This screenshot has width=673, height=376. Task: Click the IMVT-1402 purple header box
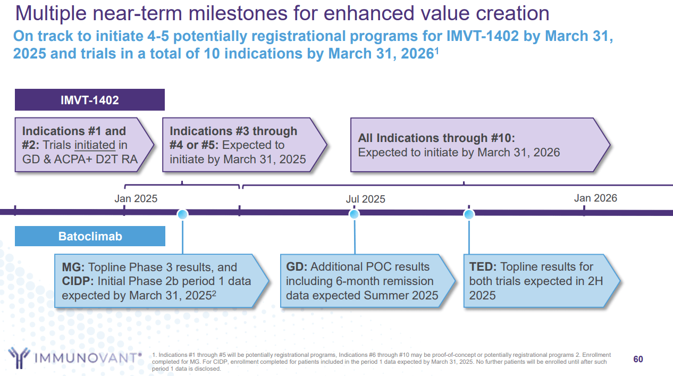(89, 100)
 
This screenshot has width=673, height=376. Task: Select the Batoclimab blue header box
(90, 236)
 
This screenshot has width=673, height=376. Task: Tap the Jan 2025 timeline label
(136, 198)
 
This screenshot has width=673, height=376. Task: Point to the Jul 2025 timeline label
(365, 199)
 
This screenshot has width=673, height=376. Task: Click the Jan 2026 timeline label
(595, 198)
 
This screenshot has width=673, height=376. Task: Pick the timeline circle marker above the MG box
(183, 214)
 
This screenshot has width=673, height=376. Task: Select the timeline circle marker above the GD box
(354, 214)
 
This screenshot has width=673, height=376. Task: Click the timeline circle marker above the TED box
(469, 214)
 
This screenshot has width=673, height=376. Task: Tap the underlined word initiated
(95, 145)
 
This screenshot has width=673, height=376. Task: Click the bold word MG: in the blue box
(73, 267)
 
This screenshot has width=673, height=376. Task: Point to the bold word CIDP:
(78, 281)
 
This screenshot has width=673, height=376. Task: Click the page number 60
(638, 359)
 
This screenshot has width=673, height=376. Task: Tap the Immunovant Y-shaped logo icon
(19, 357)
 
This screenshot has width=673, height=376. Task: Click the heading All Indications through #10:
(436, 138)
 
